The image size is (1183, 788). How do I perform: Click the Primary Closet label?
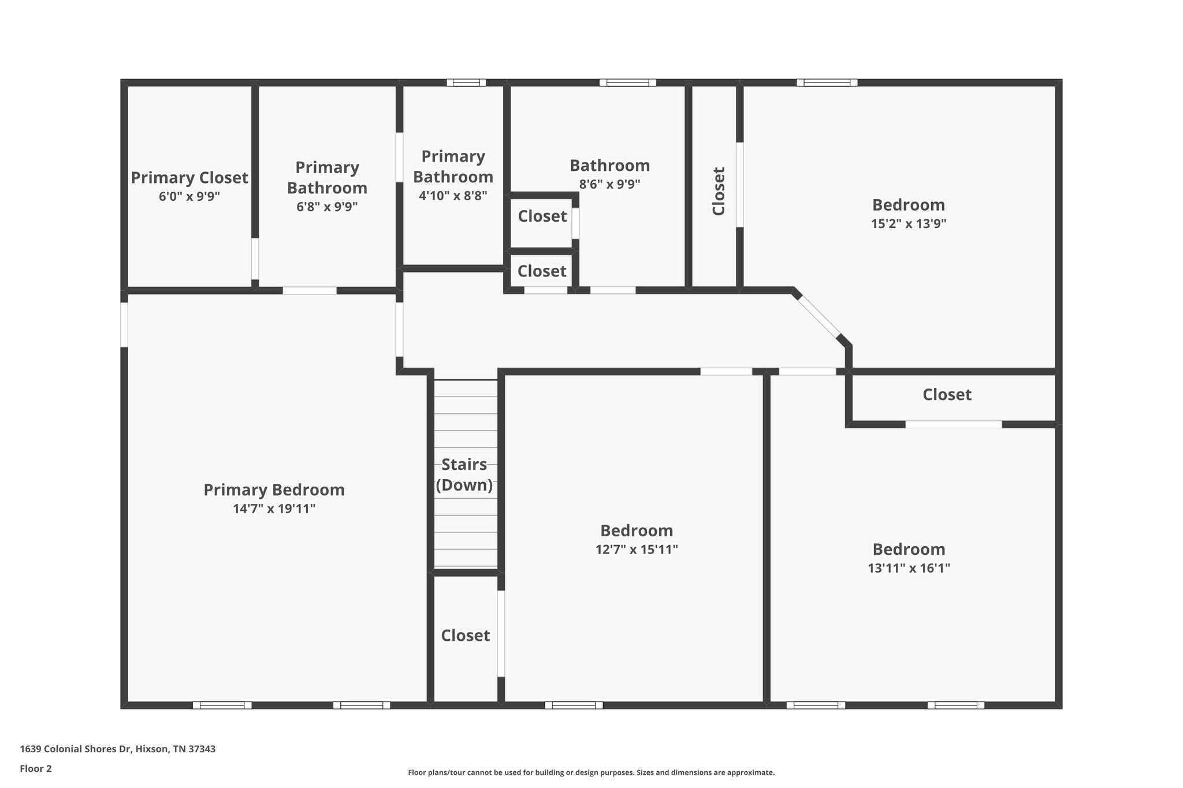pyautogui.click(x=189, y=178)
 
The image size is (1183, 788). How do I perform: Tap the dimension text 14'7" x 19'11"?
pyautogui.click(x=274, y=509)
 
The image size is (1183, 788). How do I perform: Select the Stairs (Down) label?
pyautogui.click(x=464, y=475)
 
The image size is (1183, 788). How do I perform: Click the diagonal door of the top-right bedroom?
pyautogui.click(x=819, y=316)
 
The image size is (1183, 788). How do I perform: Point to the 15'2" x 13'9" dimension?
pyautogui.click(x=909, y=223)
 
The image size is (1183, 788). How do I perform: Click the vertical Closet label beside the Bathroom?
pyautogui.click(x=719, y=191)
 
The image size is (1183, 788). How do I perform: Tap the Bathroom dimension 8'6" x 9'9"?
pyautogui.click(x=609, y=184)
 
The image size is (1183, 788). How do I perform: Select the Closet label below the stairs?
pyautogui.click(x=466, y=636)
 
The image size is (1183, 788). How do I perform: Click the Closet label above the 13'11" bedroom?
pyautogui.click(x=947, y=395)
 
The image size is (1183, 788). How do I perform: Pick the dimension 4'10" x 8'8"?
pyautogui.click(x=453, y=195)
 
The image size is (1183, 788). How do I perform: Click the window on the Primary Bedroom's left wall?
pyautogui.click(x=124, y=324)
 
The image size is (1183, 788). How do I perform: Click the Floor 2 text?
pyautogui.click(x=36, y=768)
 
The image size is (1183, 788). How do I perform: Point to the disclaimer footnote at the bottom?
pyautogui.click(x=591, y=772)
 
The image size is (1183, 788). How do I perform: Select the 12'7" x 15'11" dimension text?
pyautogui.click(x=637, y=549)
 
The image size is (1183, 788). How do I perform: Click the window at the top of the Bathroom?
pyautogui.click(x=627, y=83)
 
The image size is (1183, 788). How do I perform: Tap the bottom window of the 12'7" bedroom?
pyautogui.click(x=574, y=705)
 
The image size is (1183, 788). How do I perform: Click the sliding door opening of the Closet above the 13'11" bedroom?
pyautogui.click(x=953, y=424)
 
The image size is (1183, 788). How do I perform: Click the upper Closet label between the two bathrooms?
pyautogui.click(x=542, y=216)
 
